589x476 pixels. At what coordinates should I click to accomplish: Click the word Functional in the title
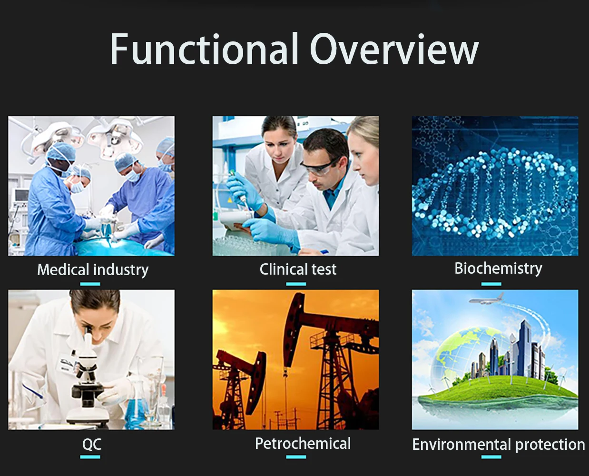204,49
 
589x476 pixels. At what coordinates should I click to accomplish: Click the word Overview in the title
394,49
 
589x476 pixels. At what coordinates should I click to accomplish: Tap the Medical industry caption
93,270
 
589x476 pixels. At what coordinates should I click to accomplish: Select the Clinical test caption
298,269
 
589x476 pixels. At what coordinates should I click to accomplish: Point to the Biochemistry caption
498,268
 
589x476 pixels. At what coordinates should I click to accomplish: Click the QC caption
92,444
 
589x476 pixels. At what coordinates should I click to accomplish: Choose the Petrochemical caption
303,443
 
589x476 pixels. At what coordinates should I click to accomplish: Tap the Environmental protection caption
499,445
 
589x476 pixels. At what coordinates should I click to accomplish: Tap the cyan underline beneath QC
90,457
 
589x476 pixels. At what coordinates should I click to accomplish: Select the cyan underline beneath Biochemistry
491,284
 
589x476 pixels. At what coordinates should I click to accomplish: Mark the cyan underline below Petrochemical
296,457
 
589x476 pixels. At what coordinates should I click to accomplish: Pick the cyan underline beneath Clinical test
296,284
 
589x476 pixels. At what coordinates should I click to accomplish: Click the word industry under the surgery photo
121,270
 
